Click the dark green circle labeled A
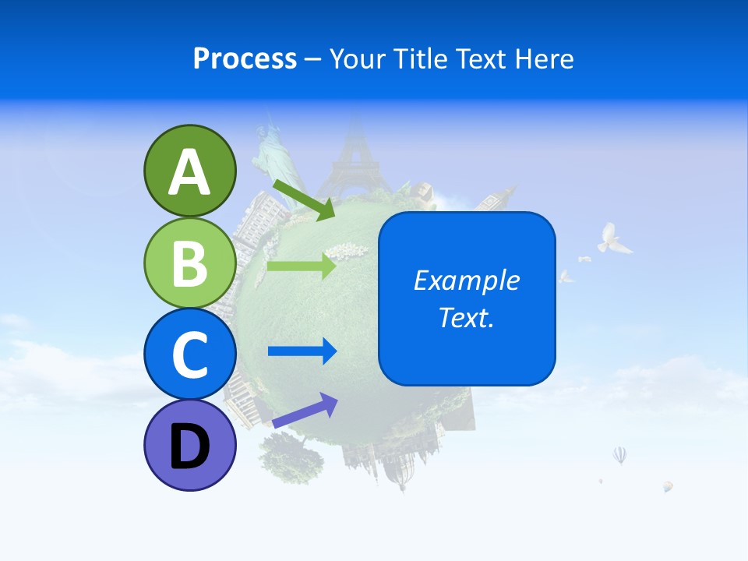[x=189, y=171]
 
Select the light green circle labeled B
[x=189, y=263]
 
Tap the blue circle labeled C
[x=189, y=354]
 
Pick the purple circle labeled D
[x=189, y=446]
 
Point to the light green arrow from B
[x=302, y=266]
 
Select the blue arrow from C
[x=302, y=351]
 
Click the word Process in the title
[x=245, y=58]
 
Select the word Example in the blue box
[x=466, y=280]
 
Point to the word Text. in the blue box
[x=466, y=317]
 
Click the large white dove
[x=614, y=238]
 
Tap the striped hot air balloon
[x=619, y=455]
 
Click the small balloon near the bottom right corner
[x=668, y=487]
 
